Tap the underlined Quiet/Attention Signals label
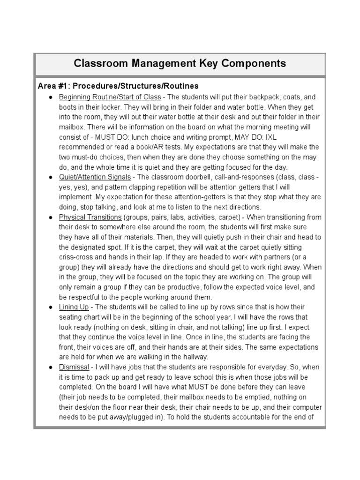pos(95,178)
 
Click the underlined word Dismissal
pos(74,367)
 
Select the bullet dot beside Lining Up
pos(50,307)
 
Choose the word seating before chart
pos(73,317)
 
